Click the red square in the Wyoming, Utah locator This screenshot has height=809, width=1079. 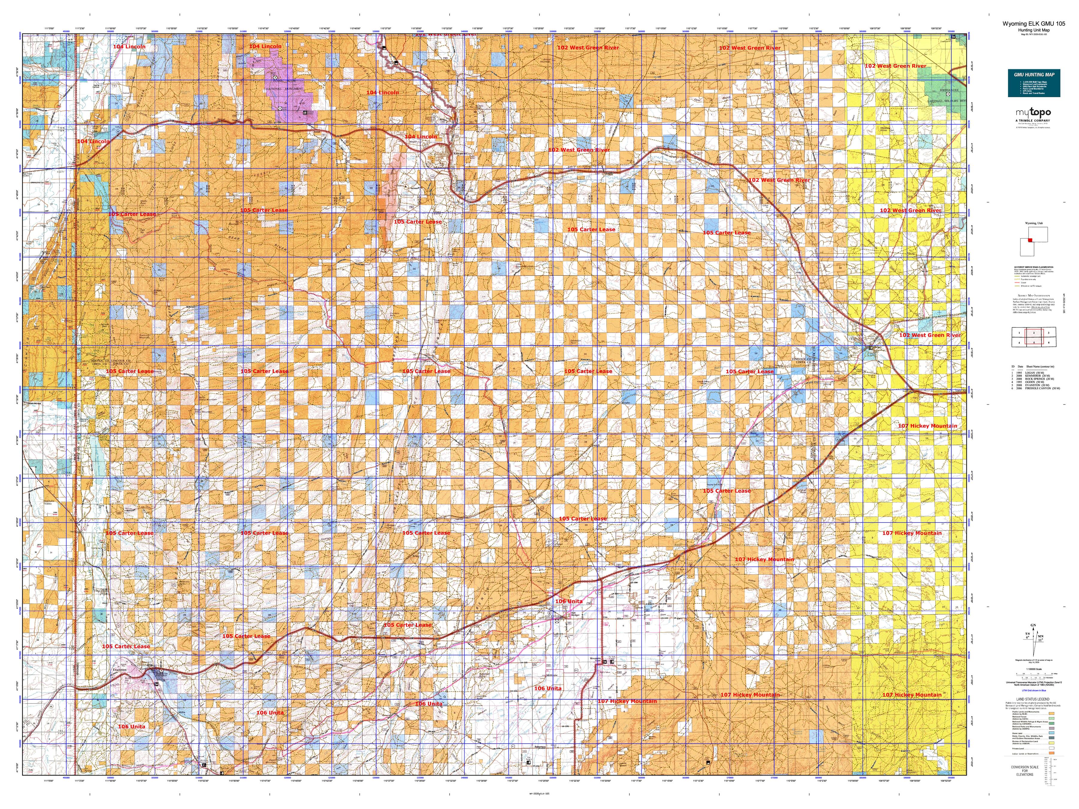coord(1030,240)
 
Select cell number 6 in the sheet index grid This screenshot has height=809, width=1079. coord(1049,342)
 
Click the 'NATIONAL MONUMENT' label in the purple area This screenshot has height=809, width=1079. coord(285,89)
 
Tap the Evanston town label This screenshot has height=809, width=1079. coord(120,670)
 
